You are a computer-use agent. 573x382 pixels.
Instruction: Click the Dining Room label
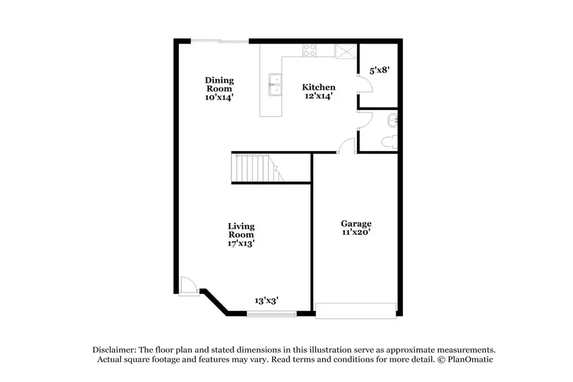coord(219,84)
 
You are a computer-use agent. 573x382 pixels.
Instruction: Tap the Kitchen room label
coord(318,87)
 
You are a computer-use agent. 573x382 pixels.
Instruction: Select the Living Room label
coord(241,230)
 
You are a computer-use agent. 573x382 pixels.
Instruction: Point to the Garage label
coord(355,223)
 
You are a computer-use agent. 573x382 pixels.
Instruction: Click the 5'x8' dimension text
coord(379,70)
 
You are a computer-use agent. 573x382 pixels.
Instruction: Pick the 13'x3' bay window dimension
coord(266,300)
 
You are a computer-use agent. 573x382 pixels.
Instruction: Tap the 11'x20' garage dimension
coord(355,232)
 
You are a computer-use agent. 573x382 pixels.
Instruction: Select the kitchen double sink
coord(275,85)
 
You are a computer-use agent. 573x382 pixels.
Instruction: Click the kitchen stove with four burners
coord(309,50)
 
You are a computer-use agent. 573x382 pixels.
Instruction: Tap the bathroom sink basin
coord(392,120)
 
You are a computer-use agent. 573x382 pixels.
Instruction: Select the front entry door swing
coord(186,285)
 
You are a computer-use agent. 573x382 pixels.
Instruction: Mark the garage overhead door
coord(355,310)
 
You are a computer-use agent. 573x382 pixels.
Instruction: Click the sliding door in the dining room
coord(220,41)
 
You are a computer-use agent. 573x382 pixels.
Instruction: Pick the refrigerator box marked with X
coord(345,51)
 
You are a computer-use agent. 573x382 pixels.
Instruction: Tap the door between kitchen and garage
coord(347,146)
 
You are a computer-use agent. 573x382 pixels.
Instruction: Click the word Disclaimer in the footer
coord(114,350)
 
